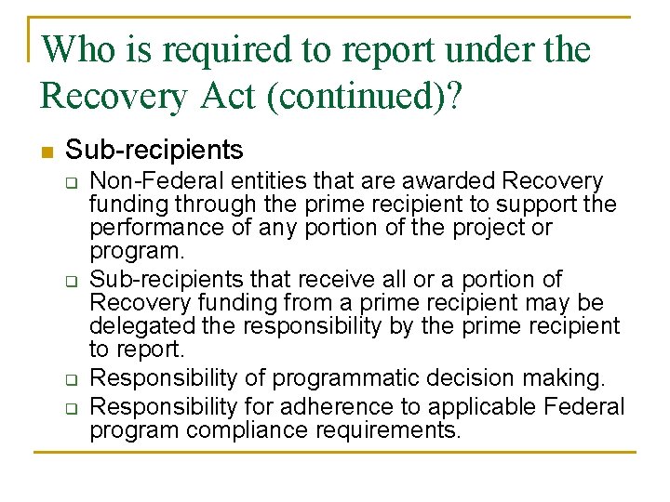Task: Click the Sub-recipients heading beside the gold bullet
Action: coord(154,150)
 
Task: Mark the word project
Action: coord(478,228)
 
